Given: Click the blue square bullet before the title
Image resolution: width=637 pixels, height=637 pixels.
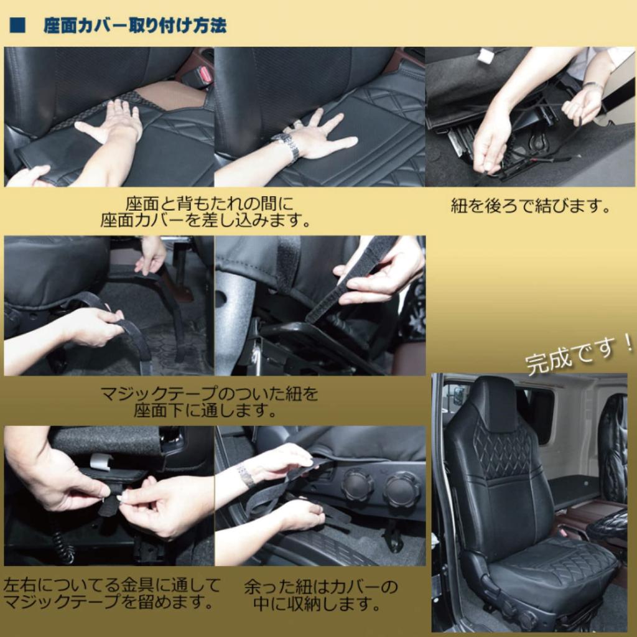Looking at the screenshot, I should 17,27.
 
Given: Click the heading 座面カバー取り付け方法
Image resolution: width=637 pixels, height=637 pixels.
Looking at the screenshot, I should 134,27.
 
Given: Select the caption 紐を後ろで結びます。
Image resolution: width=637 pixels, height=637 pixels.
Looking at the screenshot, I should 530,207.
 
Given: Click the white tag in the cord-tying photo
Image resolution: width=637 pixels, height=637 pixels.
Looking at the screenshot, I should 485,57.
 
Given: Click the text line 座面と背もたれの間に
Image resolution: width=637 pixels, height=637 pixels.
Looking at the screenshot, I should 208,203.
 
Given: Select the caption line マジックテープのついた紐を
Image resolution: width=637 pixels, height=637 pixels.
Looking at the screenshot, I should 209,394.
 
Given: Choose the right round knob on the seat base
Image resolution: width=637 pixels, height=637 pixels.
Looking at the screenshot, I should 401,488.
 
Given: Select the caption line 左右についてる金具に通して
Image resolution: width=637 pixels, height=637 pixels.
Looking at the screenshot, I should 112,585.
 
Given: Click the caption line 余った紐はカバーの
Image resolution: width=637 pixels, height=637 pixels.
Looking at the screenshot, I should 320,587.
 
